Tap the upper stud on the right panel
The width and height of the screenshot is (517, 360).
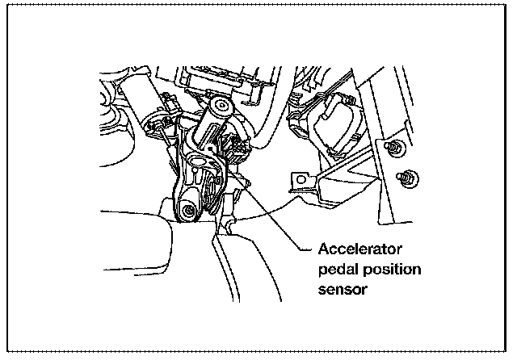pos(393,149)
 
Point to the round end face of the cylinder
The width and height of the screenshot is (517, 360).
pos(217,107)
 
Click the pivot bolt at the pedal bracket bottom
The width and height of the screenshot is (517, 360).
pos(191,212)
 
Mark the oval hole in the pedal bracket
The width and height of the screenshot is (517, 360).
pos(196,168)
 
